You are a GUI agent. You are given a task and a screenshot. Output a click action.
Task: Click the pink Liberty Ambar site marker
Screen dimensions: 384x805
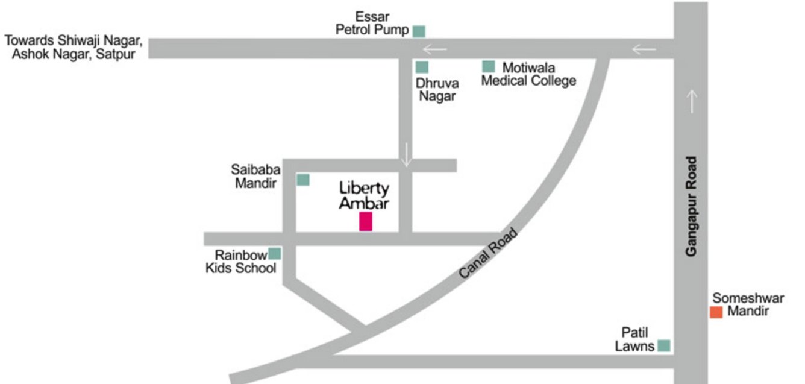pos(365,222)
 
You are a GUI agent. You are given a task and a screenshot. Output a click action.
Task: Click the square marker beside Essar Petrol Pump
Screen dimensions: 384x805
pos(419,31)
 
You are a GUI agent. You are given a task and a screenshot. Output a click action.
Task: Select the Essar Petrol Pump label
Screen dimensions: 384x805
pos(372,24)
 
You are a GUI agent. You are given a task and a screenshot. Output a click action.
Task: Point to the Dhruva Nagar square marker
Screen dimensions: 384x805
pos(422,68)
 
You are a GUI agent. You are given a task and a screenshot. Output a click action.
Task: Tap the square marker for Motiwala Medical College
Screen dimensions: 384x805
pos(488,66)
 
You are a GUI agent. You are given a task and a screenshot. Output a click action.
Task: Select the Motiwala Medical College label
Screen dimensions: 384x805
pos(528,74)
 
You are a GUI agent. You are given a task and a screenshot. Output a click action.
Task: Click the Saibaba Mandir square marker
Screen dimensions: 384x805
pos(303,179)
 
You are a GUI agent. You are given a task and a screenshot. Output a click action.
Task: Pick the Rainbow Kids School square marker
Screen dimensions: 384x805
pos(275,254)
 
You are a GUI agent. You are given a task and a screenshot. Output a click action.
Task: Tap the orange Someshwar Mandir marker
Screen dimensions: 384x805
pos(716,312)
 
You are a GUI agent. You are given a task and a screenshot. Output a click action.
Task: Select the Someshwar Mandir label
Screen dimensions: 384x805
pos(748,304)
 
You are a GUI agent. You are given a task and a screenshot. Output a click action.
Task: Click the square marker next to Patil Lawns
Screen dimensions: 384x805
pos(663,345)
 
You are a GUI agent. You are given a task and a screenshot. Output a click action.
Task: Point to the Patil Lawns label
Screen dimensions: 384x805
pos(634,339)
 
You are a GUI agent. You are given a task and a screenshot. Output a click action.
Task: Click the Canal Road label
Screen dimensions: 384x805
pos(488,253)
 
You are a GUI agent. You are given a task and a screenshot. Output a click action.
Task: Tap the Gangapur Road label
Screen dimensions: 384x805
pos(691,207)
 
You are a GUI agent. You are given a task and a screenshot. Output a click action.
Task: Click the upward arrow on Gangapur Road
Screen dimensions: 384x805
pos(691,101)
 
